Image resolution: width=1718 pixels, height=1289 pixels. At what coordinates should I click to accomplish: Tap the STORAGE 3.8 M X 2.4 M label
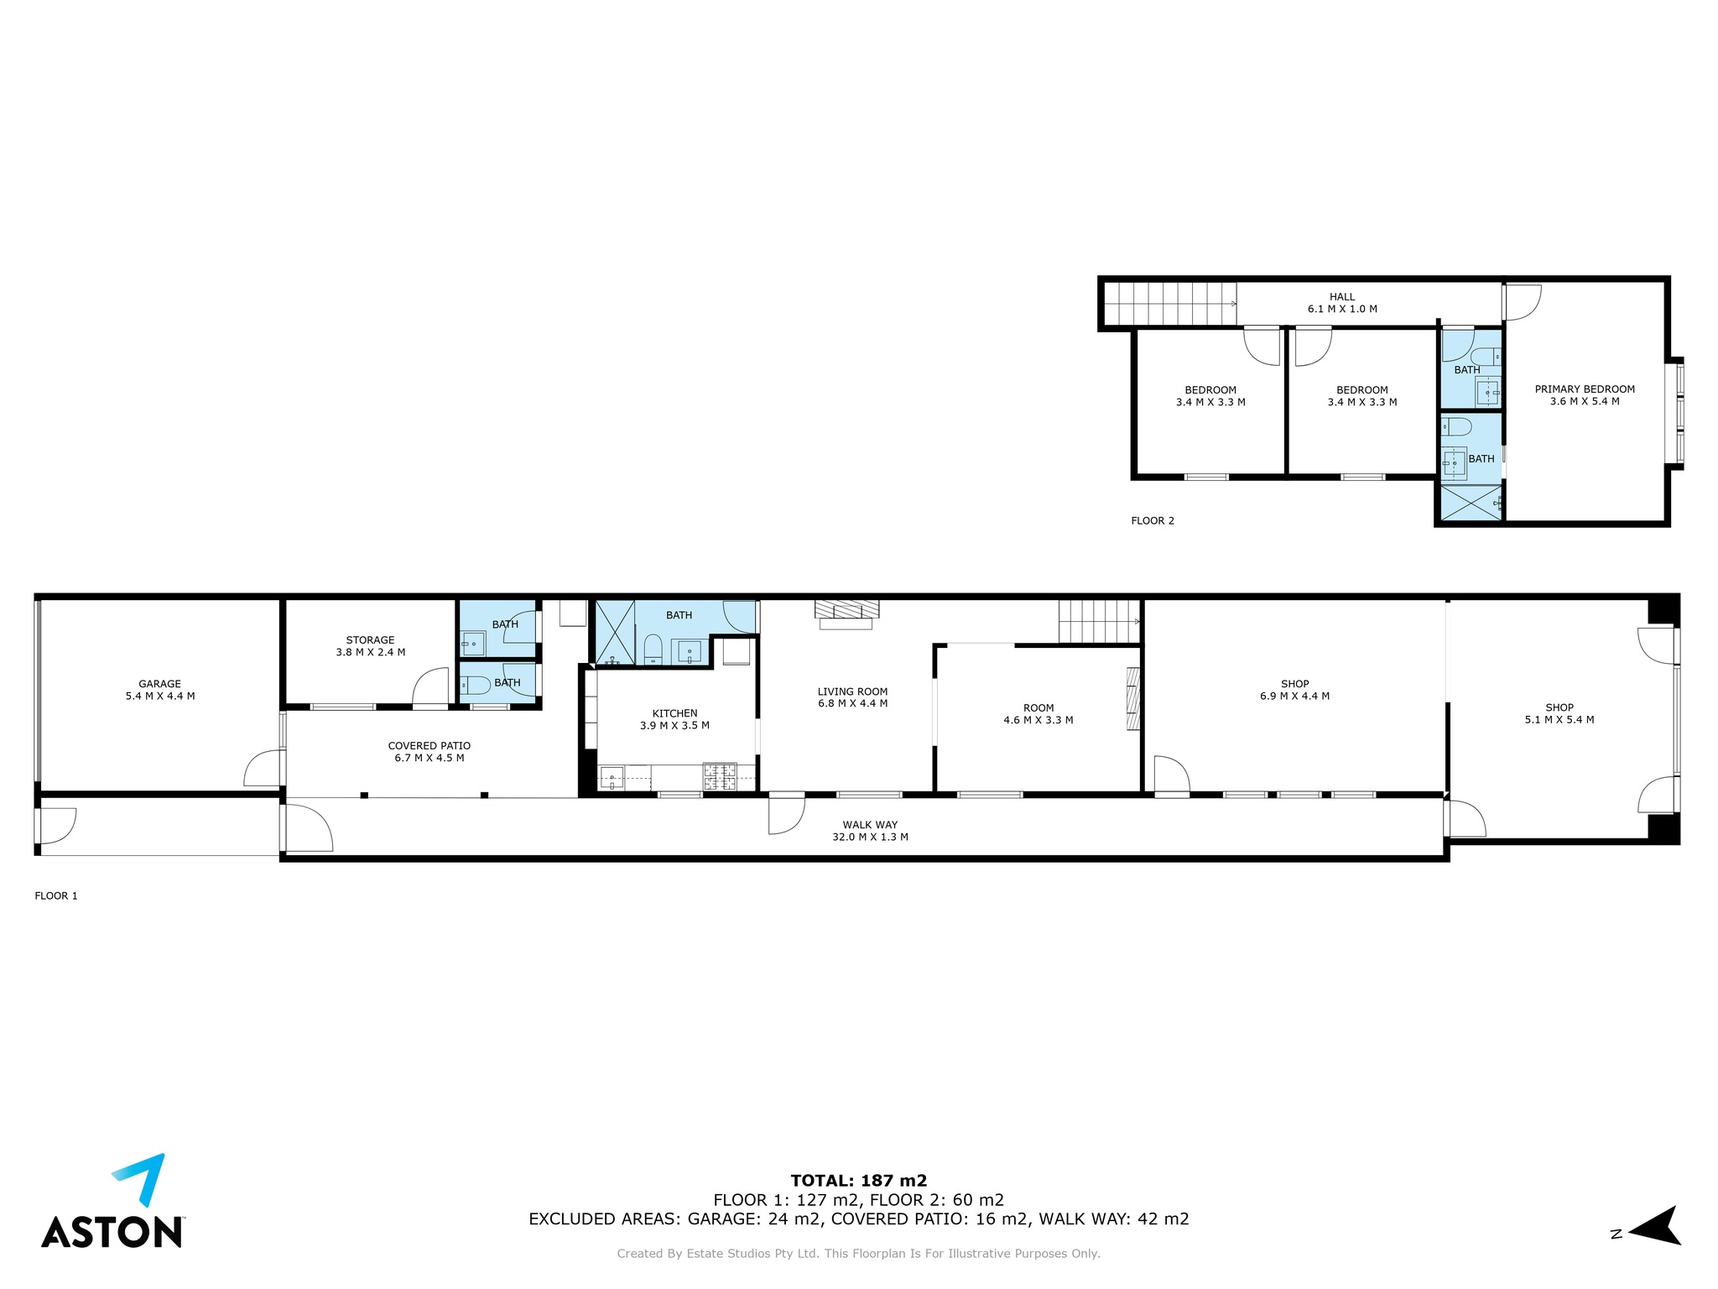point(370,646)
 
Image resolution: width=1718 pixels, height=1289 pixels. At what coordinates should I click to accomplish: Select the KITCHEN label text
point(674,713)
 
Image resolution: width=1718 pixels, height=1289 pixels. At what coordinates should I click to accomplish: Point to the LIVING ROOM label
point(852,692)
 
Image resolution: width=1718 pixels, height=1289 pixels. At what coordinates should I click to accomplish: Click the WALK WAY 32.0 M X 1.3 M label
point(870,831)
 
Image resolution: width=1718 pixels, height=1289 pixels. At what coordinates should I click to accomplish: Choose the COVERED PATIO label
point(429,745)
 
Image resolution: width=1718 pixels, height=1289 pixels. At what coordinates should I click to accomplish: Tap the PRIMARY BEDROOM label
point(1585,389)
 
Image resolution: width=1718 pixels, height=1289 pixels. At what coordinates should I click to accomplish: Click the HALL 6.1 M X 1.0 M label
point(1342,303)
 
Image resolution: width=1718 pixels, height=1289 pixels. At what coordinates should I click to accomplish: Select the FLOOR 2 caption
point(1153,521)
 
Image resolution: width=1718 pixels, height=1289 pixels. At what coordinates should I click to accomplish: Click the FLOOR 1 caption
point(56,896)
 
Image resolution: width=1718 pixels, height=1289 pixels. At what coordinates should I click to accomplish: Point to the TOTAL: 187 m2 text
point(858,1181)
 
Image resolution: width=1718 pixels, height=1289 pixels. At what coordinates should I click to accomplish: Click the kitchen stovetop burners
point(720,776)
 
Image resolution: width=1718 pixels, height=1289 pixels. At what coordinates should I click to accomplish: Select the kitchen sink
point(612,779)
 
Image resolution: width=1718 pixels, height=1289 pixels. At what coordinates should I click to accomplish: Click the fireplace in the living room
point(847,614)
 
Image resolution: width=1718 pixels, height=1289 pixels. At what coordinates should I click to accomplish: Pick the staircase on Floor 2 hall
point(1170,303)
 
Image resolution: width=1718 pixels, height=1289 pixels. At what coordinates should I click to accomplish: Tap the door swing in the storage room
point(430,687)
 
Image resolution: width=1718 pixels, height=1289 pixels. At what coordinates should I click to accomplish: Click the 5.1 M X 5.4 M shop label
point(1559,720)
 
